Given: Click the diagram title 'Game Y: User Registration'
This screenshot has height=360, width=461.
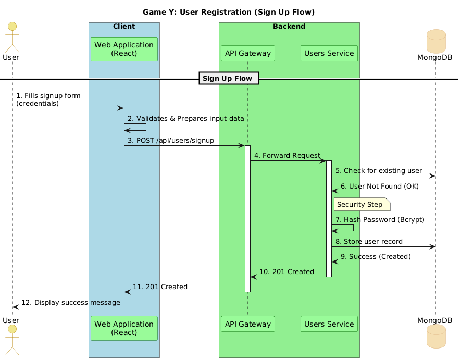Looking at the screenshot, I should [229, 11].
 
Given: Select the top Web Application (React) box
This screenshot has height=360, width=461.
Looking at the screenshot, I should [124, 49].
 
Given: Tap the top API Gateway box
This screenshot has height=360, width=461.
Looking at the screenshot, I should [247, 53].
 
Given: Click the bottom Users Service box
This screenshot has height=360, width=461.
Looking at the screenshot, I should [329, 324].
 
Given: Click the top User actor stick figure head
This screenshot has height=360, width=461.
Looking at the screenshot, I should [12, 27].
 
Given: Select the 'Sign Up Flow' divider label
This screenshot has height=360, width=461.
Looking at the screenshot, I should [227, 78].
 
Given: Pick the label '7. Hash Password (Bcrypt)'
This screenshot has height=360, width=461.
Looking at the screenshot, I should [380, 220].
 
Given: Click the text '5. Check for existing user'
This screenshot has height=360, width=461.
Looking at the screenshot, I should [378, 170].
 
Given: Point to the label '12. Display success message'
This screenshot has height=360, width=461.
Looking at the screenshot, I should [70, 302].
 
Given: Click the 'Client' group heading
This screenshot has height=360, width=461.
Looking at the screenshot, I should [124, 26].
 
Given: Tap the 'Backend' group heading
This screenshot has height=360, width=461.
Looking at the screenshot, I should [289, 26].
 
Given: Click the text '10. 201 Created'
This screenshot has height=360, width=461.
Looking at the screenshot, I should [286, 271].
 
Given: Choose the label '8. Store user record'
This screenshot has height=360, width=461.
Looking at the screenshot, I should [369, 241].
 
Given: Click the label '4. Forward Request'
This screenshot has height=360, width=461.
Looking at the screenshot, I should [287, 155].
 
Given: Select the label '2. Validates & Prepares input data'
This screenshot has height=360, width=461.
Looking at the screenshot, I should [185, 118].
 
